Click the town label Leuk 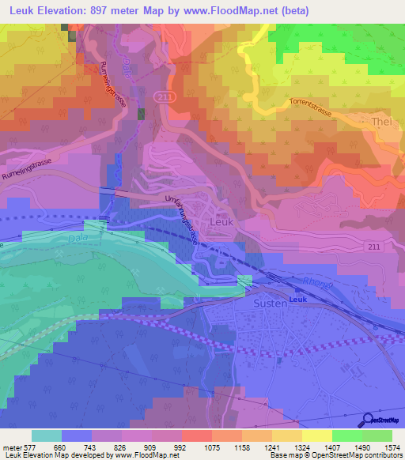[x=221, y=223]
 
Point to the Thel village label [x=382, y=123]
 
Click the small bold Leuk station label [x=297, y=300]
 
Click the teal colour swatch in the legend [x=47, y=435]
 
